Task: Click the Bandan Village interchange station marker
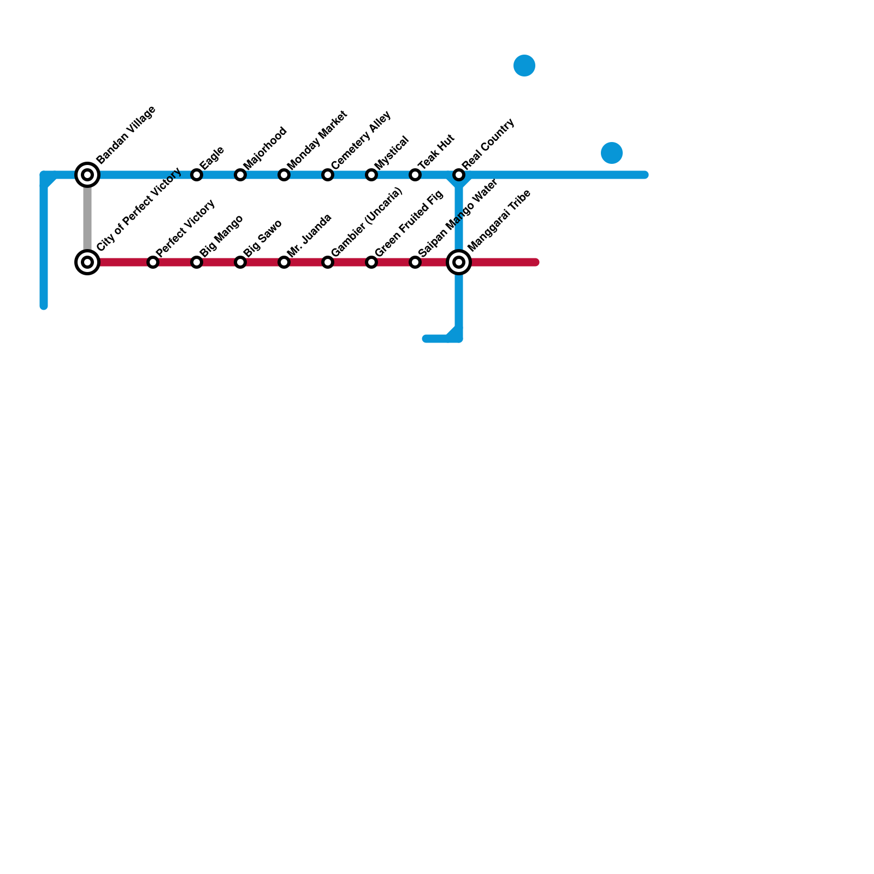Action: coord(87,175)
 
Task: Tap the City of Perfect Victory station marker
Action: coord(87,262)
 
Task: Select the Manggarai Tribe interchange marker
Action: coord(459,262)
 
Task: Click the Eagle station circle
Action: coord(197,175)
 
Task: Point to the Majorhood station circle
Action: coord(240,175)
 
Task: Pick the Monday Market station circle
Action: coord(284,175)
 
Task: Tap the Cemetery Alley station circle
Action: coord(328,175)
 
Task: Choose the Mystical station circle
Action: coord(371,175)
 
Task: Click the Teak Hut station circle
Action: coord(415,175)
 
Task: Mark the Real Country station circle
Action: coord(459,175)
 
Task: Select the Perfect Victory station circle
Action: coord(153,262)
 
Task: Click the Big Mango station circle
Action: coord(197,262)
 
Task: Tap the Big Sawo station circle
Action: coord(240,262)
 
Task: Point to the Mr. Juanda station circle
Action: coord(284,262)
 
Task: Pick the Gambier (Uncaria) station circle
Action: coord(328,262)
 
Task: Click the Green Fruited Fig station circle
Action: coord(371,262)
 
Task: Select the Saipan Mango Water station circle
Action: coord(415,262)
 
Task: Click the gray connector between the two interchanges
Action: coord(87,218)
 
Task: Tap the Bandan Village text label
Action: coord(126,134)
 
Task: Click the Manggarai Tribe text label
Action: coord(499,220)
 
